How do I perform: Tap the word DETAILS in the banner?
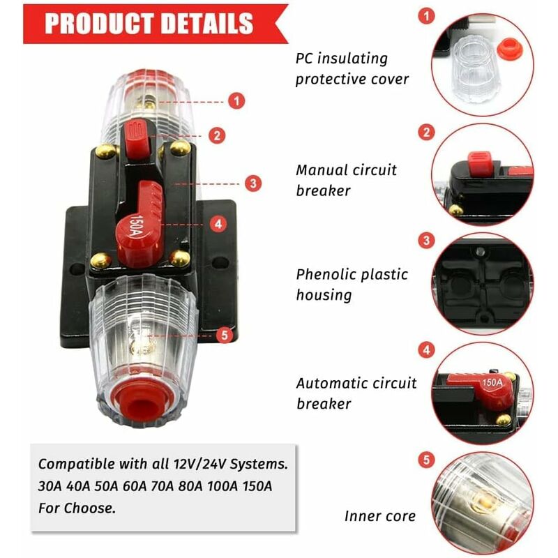[x=206, y=24]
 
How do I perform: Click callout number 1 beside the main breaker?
[x=236, y=101]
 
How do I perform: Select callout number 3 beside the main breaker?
[x=253, y=183]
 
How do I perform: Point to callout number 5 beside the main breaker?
[x=225, y=335]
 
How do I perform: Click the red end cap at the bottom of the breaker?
[x=142, y=400]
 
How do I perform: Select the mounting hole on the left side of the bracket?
[x=77, y=269]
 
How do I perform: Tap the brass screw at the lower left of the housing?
[x=100, y=261]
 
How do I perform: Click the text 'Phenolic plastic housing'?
[x=352, y=285]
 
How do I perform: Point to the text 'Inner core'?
[x=379, y=516]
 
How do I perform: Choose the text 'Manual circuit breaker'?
[x=346, y=180]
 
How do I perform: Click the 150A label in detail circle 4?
[x=492, y=382]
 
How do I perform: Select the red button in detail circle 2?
[x=480, y=163]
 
